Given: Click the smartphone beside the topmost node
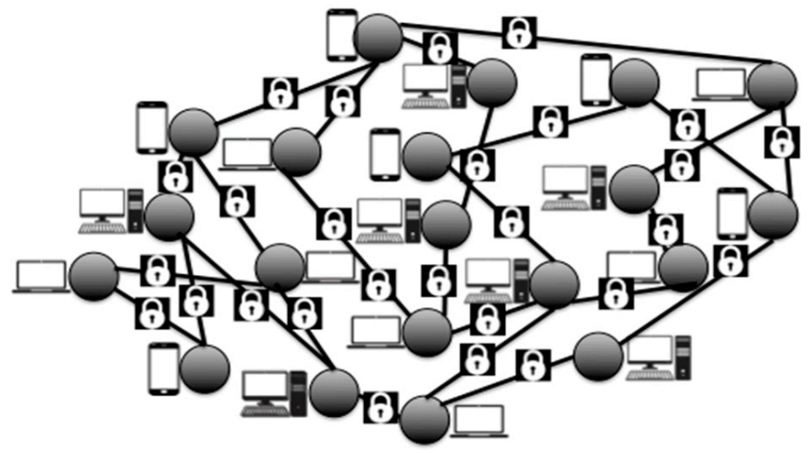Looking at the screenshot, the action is click(x=341, y=35).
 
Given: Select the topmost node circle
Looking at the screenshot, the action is click(x=380, y=37).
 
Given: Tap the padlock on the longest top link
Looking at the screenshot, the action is click(x=518, y=33).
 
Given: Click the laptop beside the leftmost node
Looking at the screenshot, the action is click(x=41, y=276).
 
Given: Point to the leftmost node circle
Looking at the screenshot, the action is click(x=93, y=275).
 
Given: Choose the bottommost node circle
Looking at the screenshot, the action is click(x=425, y=419).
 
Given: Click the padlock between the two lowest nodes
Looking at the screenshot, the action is click(x=380, y=406).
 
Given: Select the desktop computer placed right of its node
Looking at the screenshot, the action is click(x=660, y=356).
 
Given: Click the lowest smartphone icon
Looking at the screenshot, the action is click(x=163, y=369).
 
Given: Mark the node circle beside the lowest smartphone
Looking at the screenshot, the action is click(x=205, y=368).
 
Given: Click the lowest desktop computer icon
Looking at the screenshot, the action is click(x=273, y=393).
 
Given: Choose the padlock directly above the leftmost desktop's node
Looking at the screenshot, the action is click(x=174, y=175).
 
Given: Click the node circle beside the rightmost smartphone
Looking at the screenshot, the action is click(x=772, y=216).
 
